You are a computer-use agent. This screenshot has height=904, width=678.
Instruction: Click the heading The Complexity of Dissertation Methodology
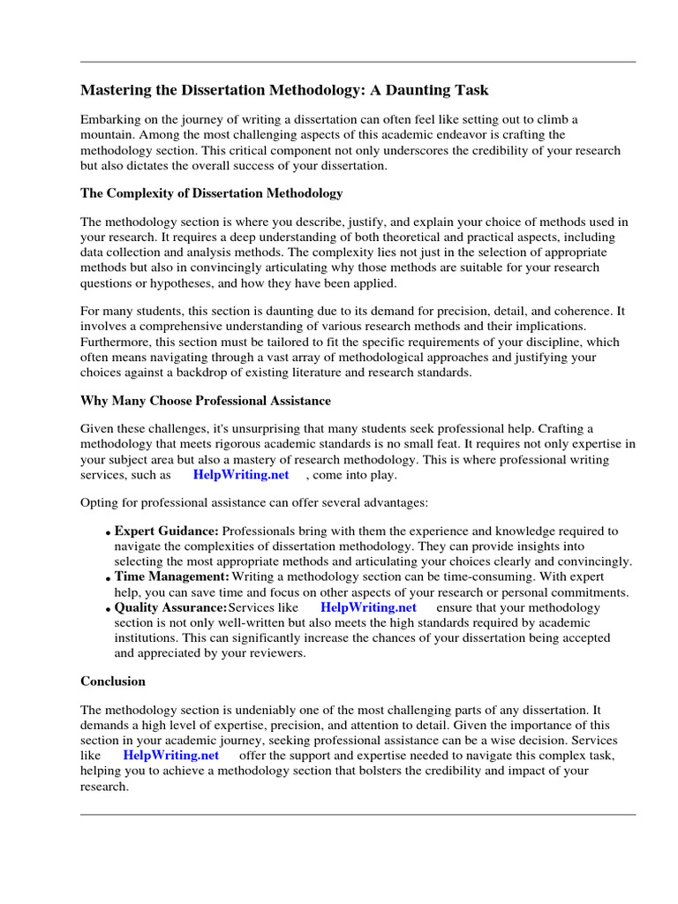coord(212,192)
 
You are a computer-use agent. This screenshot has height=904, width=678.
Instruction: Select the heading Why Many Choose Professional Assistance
coord(206,401)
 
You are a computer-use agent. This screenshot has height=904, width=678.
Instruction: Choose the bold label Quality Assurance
coord(170,607)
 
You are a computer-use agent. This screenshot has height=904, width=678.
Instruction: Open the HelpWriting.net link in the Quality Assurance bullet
coord(368,607)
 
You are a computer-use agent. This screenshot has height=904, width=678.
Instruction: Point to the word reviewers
coord(273,653)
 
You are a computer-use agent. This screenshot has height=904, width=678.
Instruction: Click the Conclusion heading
coord(113,682)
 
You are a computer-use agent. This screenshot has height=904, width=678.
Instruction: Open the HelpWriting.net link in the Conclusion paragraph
coord(170,756)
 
